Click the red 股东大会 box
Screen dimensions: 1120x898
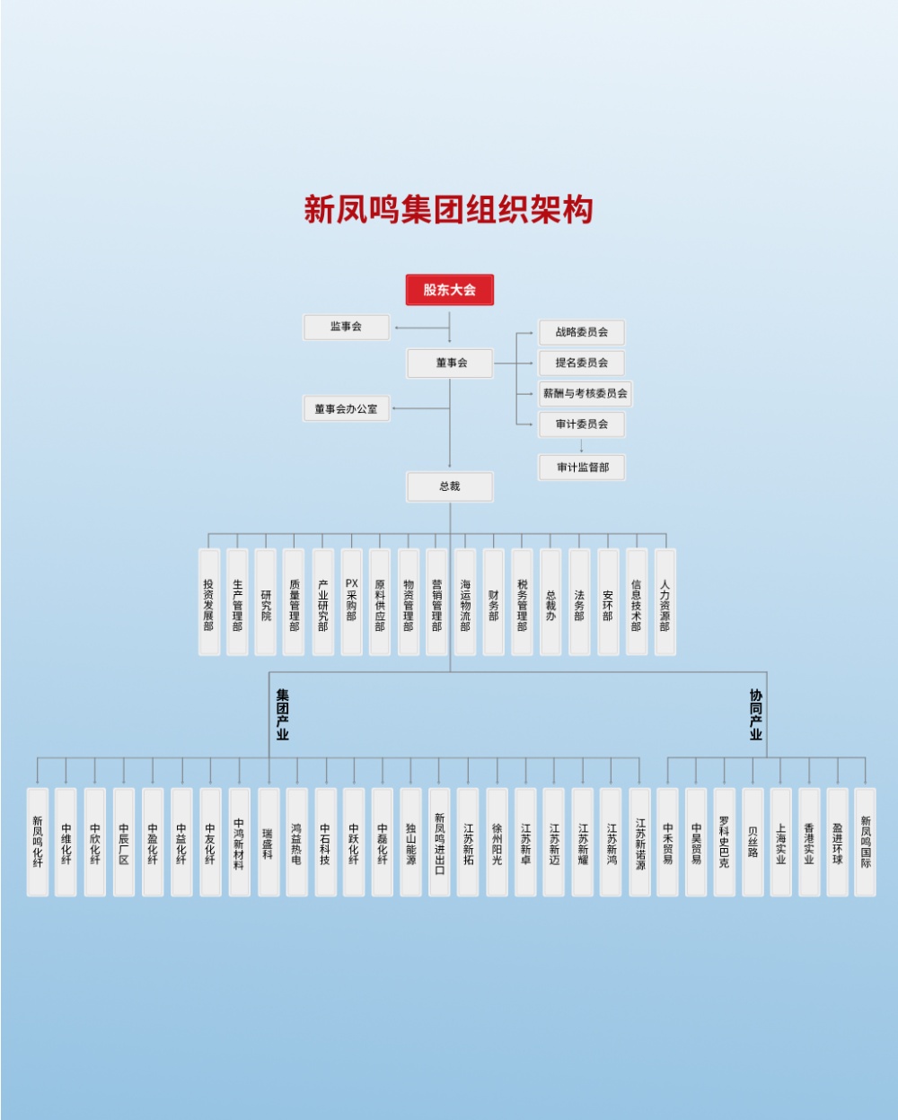pos(449,290)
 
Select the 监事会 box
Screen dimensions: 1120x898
pos(347,327)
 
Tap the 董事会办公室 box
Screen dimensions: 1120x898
pos(346,409)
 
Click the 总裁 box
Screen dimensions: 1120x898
pos(449,486)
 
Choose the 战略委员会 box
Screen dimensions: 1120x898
pos(581,332)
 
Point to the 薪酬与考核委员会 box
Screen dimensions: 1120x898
pos(585,393)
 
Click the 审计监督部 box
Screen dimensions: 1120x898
pos(582,468)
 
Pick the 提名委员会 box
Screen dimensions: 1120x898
pos(581,363)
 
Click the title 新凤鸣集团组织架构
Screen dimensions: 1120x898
pos(448,209)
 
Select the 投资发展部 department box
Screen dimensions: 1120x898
pos(208,602)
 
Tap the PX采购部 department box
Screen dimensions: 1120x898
pos(351,602)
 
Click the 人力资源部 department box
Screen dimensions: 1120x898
pos(665,602)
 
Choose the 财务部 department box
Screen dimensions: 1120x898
pos(493,602)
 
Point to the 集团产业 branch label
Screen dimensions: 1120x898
pos(283,714)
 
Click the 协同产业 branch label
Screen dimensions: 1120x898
pos(755,714)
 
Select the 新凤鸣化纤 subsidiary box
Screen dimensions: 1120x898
pos(38,842)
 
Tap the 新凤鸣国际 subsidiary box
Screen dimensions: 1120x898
pos(865,842)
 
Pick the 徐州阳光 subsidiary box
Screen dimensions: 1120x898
pos(497,842)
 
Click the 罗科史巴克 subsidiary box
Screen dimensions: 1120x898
pos(724,842)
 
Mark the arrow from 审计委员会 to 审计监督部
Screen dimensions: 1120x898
pos(581,445)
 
